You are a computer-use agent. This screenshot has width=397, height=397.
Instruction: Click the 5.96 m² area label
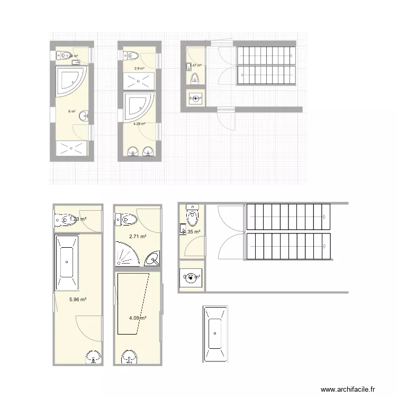pyautogui.click(x=77, y=299)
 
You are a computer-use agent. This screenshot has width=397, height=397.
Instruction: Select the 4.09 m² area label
pyautogui.click(x=138, y=318)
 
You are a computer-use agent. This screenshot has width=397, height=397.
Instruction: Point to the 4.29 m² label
pyautogui.click(x=139, y=124)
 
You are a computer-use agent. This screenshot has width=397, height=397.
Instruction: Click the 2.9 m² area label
pyautogui.click(x=139, y=68)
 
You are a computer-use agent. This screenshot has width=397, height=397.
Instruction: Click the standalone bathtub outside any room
pyautogui.click(x=214, y=334)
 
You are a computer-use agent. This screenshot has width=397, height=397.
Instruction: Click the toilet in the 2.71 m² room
pyautogui.click(x=127, y=219)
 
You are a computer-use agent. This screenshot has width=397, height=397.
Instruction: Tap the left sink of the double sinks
pyautogui.click(x=132, y=151)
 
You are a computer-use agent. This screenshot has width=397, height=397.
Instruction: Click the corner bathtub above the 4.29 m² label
pyautogui.click(x=137, y=106)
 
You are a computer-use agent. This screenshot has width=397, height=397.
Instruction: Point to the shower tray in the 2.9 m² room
pyautogui.click(x=139, y=82)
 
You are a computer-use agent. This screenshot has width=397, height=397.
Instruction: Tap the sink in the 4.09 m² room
pyautogui.click(x=129, y=357)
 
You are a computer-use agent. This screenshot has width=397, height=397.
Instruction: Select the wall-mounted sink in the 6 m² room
pyautogui.click(x=84, y=115)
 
